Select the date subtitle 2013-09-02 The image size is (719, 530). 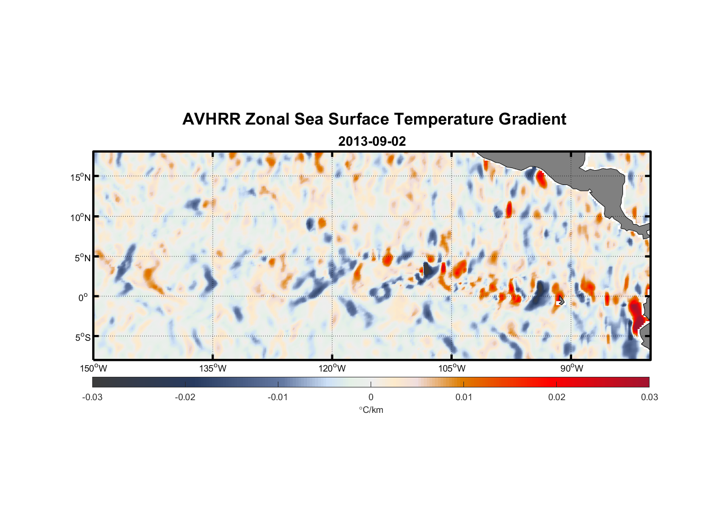coord(372,142)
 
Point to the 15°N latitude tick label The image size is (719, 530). coord(81,177)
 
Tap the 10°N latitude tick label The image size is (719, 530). coord(81,217)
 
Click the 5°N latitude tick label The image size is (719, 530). coord(82,258)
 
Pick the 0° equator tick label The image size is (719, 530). coord(83,297)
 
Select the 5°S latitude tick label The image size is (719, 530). coord(82,337)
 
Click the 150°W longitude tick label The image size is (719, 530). coord(93,368)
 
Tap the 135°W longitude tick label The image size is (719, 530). coord(213,368)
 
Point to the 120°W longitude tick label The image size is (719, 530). coord(332,368)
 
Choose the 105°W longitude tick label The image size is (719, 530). coord(452,368)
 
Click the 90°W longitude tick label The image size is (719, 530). coord(572,368)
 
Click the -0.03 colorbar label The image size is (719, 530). coord(92,397)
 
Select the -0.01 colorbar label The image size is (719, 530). coord(278,397)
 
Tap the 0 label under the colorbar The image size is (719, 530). coord(371,397)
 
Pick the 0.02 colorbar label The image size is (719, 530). coord(557,397)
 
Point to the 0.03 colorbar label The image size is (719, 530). coord(649,397)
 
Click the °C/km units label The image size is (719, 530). coord(371,410)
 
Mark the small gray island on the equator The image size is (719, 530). coord(560,301)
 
